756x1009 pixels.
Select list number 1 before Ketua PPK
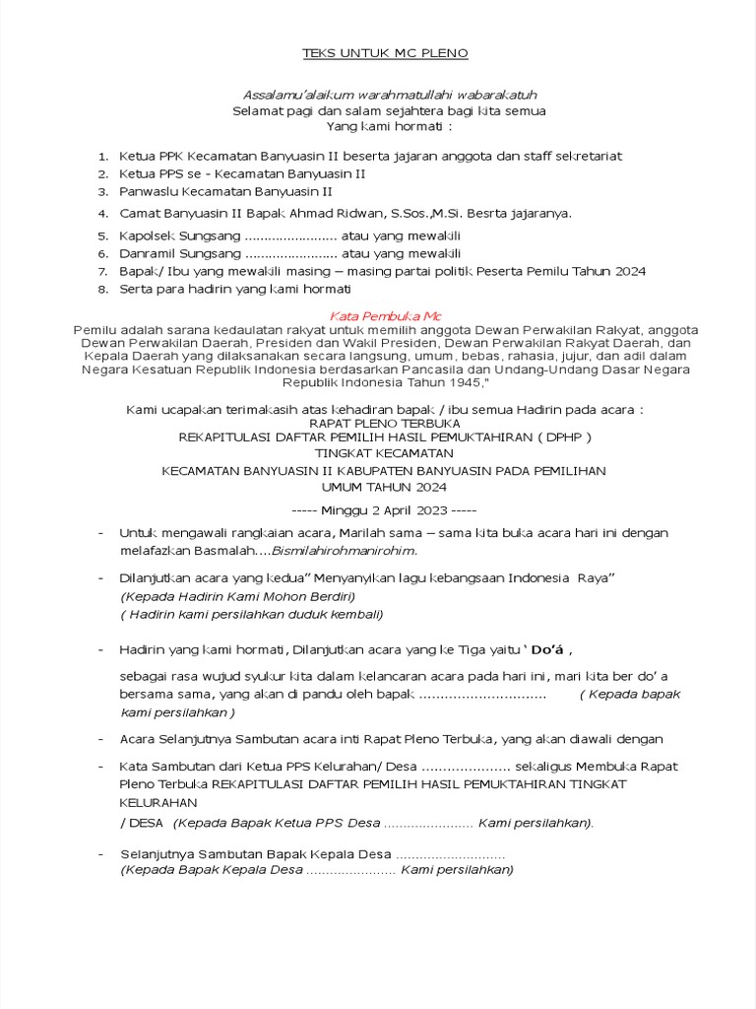click(x=103, y=156)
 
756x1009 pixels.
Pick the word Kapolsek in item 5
click(x=148, y=236)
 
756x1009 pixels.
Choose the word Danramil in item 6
click(x=149, y=253)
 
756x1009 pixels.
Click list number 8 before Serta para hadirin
click(x=103, y=289)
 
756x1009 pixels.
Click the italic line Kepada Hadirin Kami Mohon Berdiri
click(x=237, y=596)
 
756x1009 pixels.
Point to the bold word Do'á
click(x=548, y=649)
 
